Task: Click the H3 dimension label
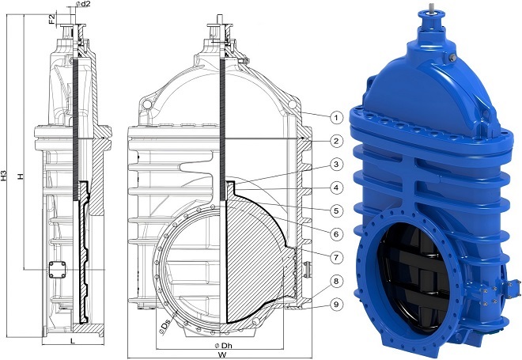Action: pyautogui.click(x=6, y=176)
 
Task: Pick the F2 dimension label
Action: pyautogui.click(x=51, y=17)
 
